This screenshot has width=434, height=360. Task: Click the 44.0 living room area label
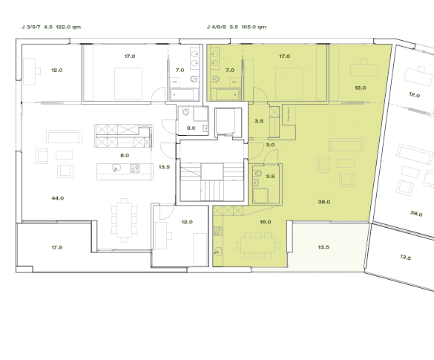57,198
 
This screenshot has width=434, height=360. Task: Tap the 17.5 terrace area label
57,246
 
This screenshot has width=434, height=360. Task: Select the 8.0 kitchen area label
125,155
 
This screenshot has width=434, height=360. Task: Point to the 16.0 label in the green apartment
265,222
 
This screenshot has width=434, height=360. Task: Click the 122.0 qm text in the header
68,27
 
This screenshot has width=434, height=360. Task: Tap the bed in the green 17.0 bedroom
286,79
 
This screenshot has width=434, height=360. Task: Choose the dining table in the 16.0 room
256,243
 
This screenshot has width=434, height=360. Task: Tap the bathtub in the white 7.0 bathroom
183,94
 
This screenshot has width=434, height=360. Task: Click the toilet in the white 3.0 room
187,113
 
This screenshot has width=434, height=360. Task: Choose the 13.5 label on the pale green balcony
323,247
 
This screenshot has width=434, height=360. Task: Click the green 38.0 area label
323,201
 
